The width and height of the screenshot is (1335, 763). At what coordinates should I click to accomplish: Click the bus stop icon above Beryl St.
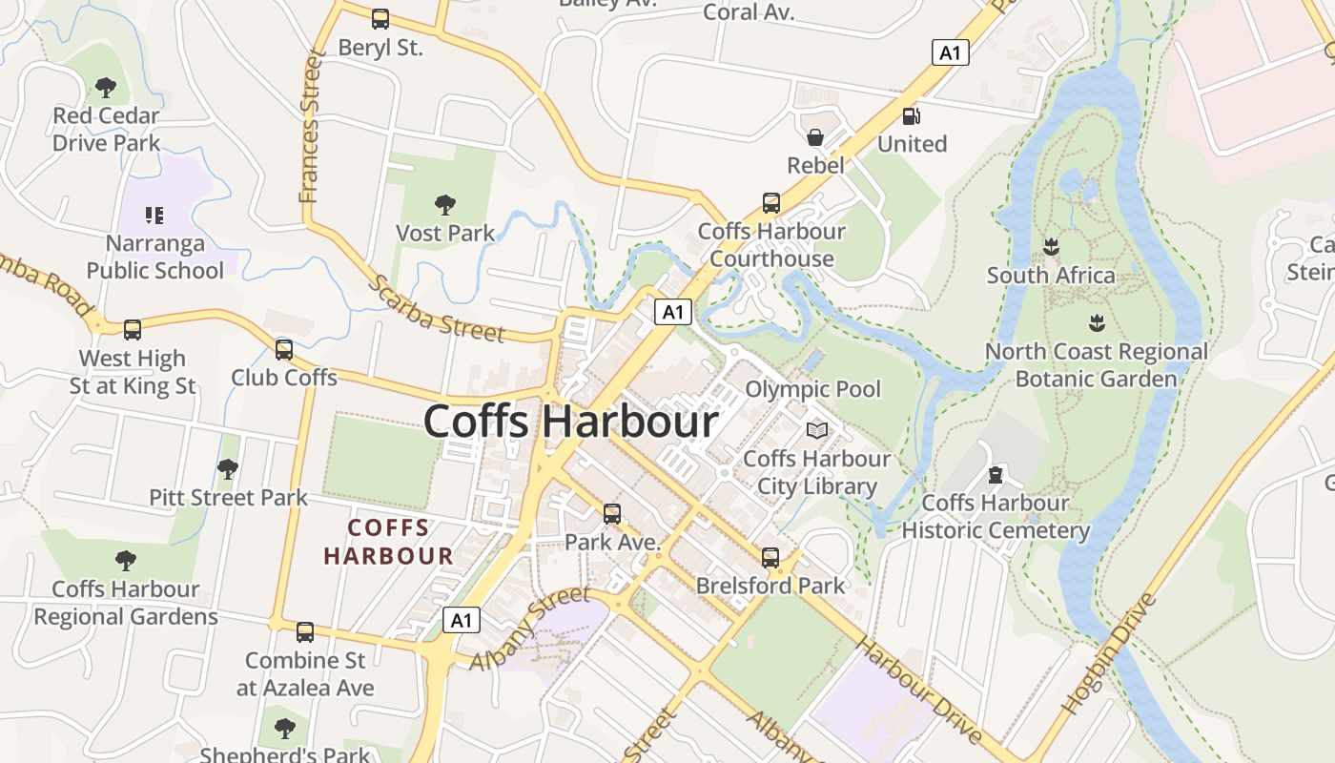coord(380,18)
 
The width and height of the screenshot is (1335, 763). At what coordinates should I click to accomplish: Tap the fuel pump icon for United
coord(912,116)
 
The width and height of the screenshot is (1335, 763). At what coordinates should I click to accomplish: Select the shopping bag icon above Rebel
coord(815,137)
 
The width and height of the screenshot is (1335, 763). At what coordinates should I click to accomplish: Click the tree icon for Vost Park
coord(444,204)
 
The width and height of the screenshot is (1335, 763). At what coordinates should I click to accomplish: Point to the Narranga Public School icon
coord(154,215)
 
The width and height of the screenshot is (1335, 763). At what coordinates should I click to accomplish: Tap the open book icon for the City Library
coord(817,431)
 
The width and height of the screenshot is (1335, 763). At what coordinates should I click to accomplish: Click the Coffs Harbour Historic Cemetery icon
coord(996,475)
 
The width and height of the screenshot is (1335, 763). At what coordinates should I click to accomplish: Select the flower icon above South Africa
coord(1051,247)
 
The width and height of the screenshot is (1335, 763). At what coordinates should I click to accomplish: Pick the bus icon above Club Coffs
coord(284,350)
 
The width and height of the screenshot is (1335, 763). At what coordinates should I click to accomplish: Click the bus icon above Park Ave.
coord(612,514)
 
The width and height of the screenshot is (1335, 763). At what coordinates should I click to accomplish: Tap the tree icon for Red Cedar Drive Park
coord(106,88)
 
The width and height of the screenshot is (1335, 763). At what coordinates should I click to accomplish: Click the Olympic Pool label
coord(812,389)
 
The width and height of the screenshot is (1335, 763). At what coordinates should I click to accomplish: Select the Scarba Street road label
coord(436,309)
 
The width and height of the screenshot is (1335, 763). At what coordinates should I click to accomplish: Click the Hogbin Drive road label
coord(1109,654)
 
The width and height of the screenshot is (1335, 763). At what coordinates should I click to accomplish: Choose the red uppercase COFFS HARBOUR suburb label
coord(388,541)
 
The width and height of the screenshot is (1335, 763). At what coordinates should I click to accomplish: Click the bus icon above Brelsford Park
coord(770,558)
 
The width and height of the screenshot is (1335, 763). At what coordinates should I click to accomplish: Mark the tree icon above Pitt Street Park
coord(227,469)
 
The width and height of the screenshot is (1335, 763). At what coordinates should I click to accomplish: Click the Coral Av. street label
coord(749,12)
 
